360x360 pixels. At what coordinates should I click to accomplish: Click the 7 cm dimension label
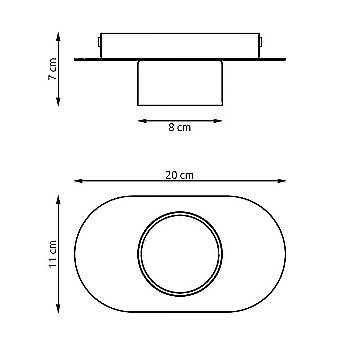(x=53, y=69)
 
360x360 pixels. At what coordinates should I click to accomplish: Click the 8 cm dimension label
(x=180, y=127)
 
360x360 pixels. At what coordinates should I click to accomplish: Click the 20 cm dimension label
(x=179, y=175)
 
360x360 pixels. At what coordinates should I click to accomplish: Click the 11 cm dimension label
(x=53, y=254)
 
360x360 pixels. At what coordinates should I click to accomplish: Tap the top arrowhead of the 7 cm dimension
(x=58, y=36)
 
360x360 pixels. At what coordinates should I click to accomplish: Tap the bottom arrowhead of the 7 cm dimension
(x=58, y=102)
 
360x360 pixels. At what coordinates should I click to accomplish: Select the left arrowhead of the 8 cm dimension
(x=142, y=121)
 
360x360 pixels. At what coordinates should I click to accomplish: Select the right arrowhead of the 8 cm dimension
(x=218, y=121)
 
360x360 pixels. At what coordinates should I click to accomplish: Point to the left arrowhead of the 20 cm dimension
(x=78, y=181)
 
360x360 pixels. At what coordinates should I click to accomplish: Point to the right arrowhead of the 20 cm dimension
(x=282, y=181)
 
